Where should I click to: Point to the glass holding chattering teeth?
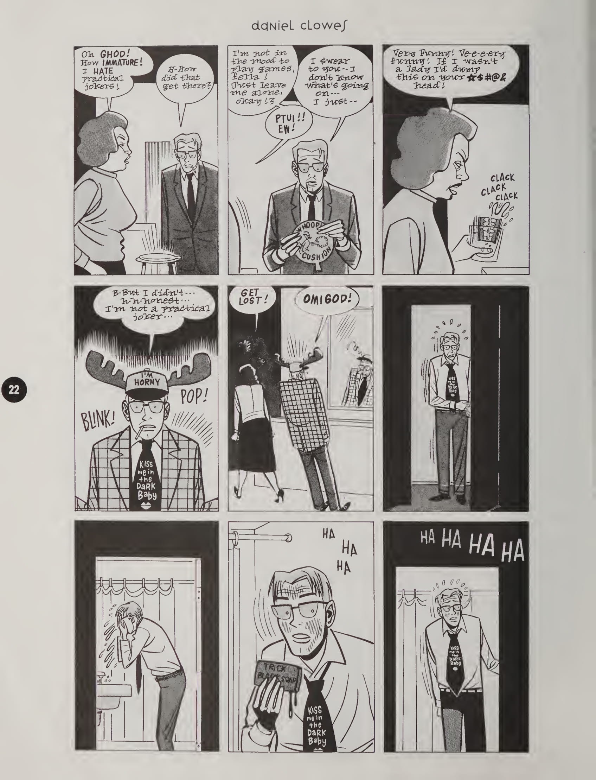pos(485,230)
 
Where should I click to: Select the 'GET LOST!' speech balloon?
pos(252,298)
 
